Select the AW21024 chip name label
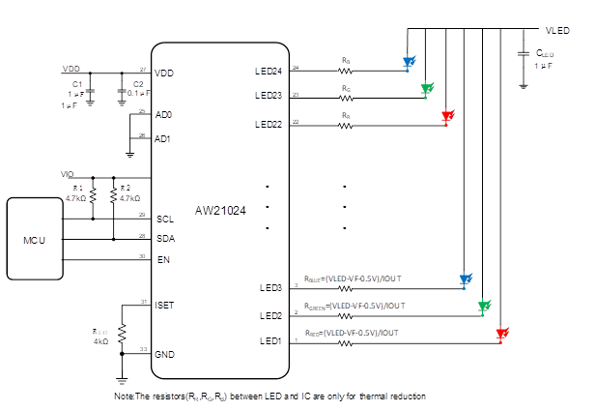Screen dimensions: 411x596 click(220, 209)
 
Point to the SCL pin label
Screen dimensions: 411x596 click(164, 220)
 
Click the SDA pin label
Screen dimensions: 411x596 click(164, 238)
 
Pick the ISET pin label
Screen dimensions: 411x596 click(165, 306)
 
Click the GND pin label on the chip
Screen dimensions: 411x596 click(165, 354)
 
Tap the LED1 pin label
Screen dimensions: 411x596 click(271, 341)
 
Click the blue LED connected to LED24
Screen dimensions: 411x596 click(409, 64)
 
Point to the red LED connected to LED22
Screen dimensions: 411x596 click(446, 117)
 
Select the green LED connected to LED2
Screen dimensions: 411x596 click(483, 307)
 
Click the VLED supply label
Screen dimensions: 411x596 click(558, 31)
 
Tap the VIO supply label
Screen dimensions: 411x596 click(68, 174)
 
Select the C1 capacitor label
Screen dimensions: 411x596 click(76, 85)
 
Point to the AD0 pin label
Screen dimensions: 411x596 click(163, 114)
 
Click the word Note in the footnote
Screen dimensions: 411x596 click(124, 396)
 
